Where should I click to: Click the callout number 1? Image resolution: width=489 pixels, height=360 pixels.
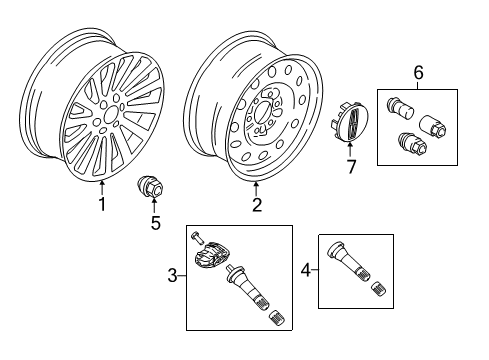coord(100,205)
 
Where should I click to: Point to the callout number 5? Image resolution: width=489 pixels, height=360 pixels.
coord(154,222)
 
